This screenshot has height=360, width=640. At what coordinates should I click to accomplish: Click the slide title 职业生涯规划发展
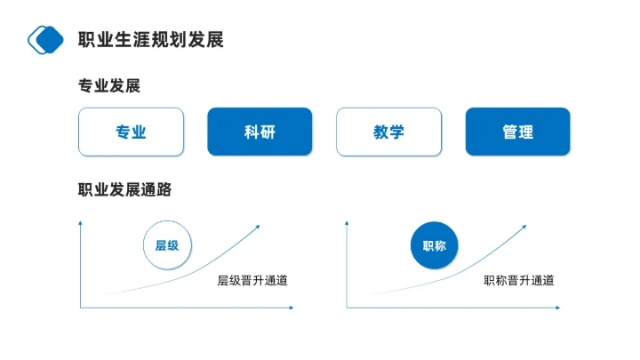[150, 39]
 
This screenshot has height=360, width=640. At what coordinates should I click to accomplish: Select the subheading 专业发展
[109, 86]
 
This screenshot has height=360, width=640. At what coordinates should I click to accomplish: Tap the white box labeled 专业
[131, 132]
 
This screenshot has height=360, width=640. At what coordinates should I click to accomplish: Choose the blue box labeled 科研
[260, 132]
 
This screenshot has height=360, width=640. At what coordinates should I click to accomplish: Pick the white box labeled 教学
[388, 132]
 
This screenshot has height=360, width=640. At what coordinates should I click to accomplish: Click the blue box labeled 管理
[517, 132]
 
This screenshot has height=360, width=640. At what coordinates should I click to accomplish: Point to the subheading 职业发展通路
[124, 189]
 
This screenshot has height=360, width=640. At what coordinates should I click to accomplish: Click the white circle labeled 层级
[167, 244]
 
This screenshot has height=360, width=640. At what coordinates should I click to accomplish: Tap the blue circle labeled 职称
[435, 244]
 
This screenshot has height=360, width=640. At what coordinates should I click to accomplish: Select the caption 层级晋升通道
[252, 281]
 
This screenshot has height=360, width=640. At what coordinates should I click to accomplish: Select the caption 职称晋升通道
[519, 281]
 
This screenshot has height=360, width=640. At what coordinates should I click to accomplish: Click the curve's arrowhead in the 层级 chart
[258, 226]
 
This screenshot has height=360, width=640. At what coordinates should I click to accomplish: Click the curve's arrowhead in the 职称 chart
[524, 226]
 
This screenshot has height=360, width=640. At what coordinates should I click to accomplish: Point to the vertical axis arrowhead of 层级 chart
[81, 221]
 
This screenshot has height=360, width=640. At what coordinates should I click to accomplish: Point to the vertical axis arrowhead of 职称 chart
[348, 221]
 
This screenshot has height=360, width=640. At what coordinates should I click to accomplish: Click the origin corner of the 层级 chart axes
[81, 308]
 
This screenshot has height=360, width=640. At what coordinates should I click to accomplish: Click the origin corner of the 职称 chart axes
[348, 308]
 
